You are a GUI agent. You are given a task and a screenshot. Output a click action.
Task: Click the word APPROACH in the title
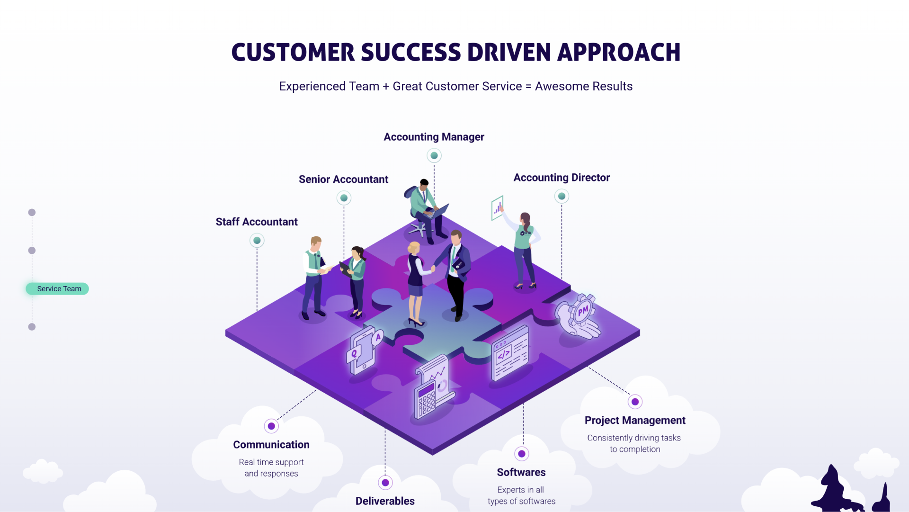pos(619,53)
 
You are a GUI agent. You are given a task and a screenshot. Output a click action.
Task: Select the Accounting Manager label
pos(434,137)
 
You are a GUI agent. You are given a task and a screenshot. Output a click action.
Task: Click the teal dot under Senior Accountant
pos(344,198)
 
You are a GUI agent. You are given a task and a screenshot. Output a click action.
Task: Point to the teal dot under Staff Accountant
pos(257,241)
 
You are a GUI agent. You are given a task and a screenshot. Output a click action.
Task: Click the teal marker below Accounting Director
pos(561,196)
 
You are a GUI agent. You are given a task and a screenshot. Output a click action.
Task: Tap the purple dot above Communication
pos(271,426)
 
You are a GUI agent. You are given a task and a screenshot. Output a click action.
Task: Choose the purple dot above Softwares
pos(521,454)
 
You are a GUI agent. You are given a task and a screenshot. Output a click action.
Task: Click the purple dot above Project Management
pos(635,402)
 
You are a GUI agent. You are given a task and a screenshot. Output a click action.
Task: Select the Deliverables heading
pos(385,501)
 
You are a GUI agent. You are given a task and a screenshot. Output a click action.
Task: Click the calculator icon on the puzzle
pos(425,401)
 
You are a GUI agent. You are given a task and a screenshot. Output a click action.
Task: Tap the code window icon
pos(509,353)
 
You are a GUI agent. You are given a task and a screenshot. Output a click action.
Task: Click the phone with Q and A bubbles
pos(364,350)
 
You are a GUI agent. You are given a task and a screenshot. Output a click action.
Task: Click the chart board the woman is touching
pos(497,208)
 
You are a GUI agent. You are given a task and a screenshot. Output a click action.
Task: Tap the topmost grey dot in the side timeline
pos(32,212)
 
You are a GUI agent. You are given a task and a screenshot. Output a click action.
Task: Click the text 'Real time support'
pos(271,462)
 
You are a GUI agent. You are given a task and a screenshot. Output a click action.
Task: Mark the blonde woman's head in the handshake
pos(414,248)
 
